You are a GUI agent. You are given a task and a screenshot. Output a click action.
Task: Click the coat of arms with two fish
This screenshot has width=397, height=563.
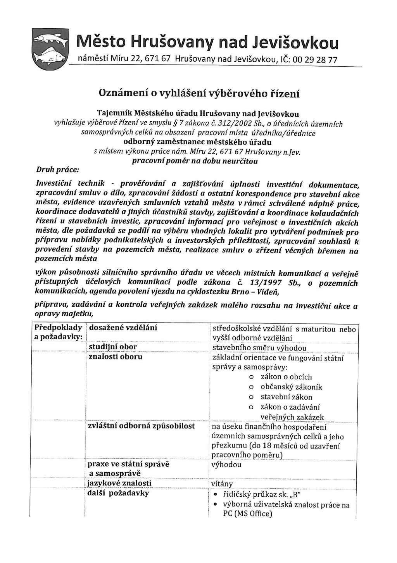pyautogui.click(x=50, y=49)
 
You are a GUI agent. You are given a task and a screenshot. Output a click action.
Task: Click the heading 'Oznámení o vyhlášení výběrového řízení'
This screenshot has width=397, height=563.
pyautogui.click(x=199, y=93)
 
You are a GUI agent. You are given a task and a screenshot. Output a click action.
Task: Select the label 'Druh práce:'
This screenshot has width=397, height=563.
pyautogui.click(x=57, y=170)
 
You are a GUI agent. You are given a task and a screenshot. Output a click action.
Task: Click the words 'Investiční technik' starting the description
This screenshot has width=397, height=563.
pyautogui.click(x=70, y=183)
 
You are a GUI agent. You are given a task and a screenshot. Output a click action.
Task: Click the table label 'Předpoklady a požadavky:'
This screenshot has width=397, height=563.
pyautogui.click(x=59, y=332)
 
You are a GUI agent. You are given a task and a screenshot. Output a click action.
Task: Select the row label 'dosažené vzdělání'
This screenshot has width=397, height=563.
pyautogui.click(x=123, y=328)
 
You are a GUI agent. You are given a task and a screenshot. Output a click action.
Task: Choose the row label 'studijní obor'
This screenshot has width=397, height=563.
pyautogui.click(x=113, y=347)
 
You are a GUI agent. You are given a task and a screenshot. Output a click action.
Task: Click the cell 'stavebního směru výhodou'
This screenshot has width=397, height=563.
pyautogui.click(x=259, y=348)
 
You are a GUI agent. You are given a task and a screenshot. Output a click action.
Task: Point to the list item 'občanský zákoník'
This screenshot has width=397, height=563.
pyautogui.click(x=291, y=387)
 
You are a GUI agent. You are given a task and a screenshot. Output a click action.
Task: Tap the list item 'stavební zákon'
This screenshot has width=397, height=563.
pyautogui.click(x=286, y=397)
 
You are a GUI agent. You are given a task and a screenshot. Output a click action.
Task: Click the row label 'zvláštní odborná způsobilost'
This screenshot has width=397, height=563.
pyautogui.click(x=141, y=426)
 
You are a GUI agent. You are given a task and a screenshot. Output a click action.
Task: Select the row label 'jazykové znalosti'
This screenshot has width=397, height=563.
pyautogui.click(x=119, y=483)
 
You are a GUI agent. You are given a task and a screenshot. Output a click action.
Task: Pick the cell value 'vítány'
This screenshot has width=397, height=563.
pyautogui.click(x=222, y=484)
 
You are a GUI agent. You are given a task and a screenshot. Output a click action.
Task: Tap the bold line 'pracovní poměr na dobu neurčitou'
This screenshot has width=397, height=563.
pyautogui.click(x=195, y=161)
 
